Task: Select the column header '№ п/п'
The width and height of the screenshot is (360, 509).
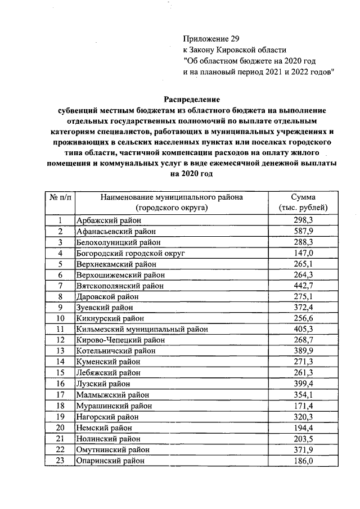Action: [x=58, y=197]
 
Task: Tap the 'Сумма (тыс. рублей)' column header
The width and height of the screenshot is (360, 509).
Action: [x=303, y=202]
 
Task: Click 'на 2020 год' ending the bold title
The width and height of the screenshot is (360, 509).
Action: [x=192, y=173]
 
